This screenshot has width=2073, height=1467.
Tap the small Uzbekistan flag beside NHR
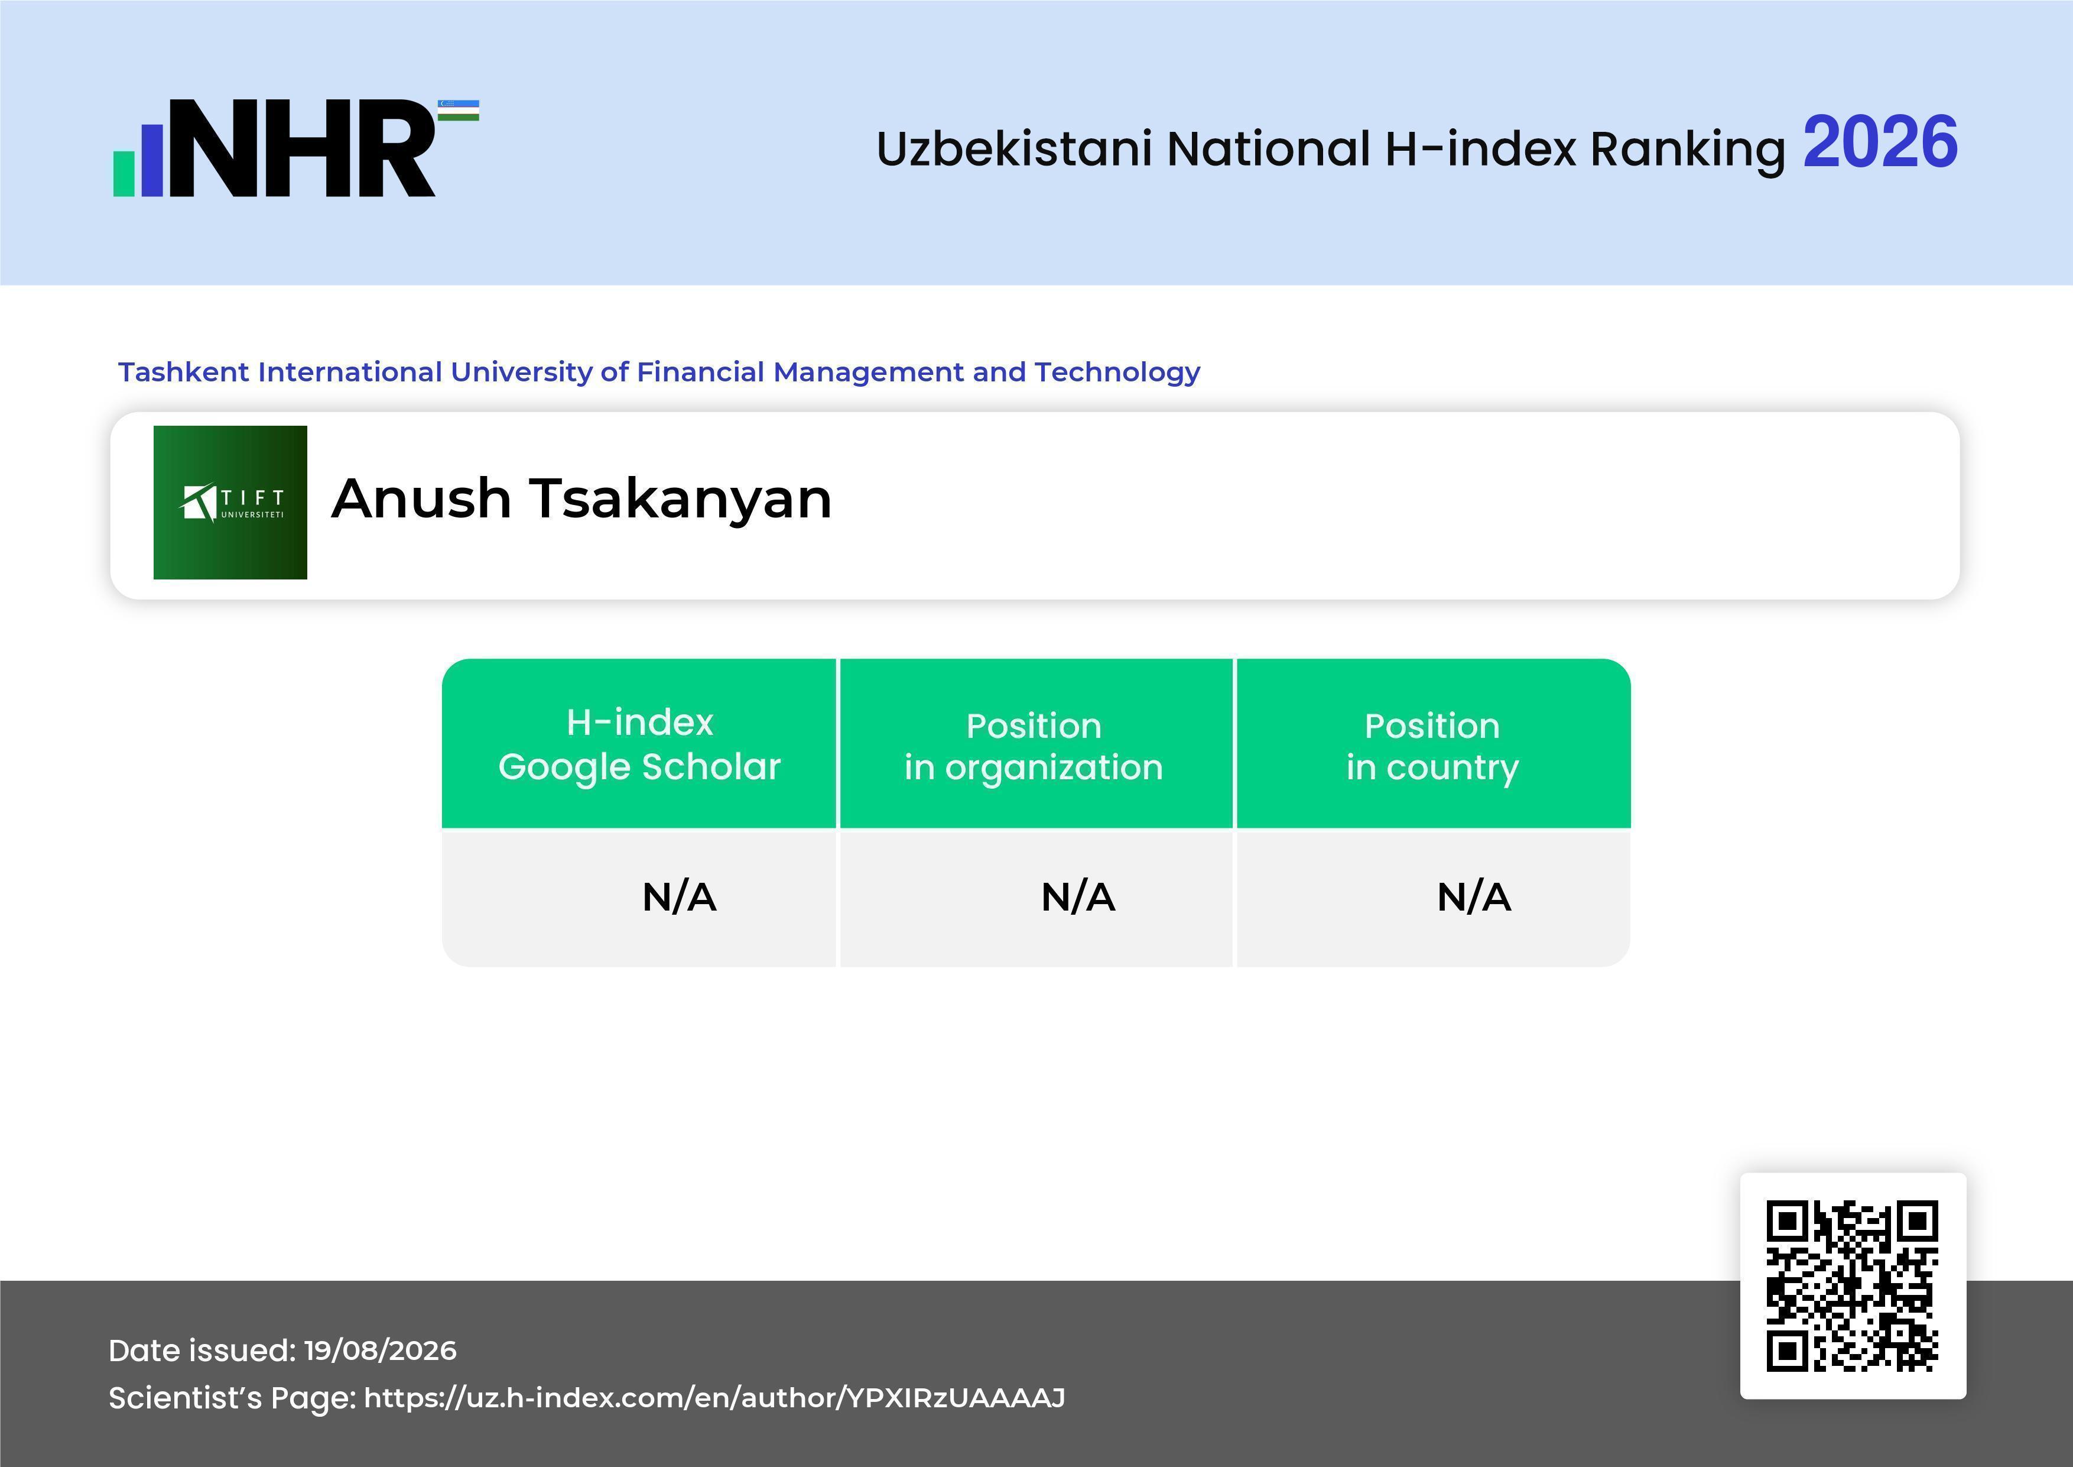point(459,110)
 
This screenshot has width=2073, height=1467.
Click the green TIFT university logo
point(230,502)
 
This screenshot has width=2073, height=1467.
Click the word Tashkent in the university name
point(184,371)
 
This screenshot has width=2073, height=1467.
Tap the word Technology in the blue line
point(1117,372)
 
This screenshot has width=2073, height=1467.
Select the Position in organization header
point(1034,746)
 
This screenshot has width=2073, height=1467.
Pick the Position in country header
point(1432,746)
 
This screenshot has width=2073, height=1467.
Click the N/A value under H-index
point(679,897)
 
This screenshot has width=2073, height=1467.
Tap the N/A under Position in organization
point(1078,897)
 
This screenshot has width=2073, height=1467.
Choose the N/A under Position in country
point(1473,897)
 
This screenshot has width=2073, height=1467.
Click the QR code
point(1853,1285)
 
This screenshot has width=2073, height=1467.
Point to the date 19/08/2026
point(380,1351)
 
